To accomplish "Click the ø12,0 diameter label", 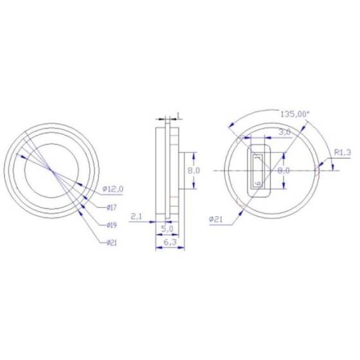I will click(114, 190).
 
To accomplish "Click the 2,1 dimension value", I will click(136, 217).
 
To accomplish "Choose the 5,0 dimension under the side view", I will click(166, 228).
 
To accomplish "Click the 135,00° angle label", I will click(295, 113).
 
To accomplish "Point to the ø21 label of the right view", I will click(216, 219).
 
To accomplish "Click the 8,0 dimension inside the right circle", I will click(284, 170).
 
